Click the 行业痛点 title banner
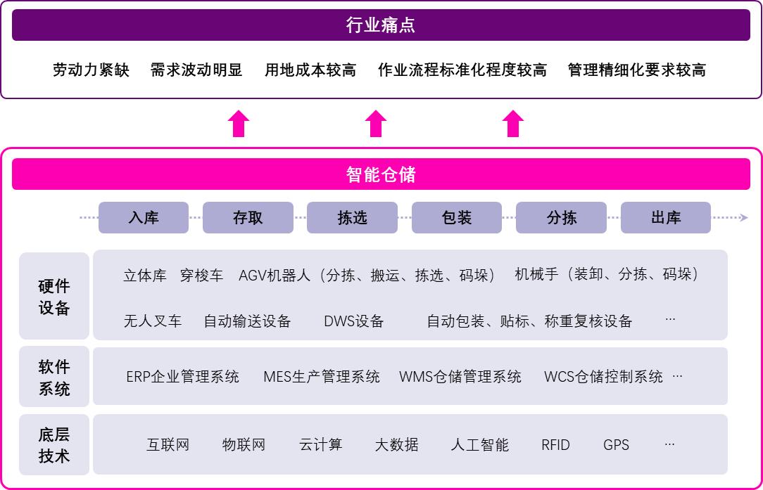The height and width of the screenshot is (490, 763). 381,25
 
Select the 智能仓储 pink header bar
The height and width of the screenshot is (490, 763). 381,174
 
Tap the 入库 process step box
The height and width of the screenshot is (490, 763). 144,218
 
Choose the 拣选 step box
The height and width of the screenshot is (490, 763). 353,218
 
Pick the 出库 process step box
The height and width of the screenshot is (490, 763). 666,218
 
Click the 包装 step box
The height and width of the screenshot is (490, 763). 457,218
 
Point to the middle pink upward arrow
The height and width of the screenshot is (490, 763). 376,124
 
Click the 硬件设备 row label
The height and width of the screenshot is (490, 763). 54,296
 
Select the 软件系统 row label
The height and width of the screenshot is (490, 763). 54,377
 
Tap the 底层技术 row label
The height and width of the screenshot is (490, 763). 54,445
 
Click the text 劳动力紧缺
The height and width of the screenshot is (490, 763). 91,70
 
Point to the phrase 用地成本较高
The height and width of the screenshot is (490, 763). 310,70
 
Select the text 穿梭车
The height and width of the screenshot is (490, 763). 201,276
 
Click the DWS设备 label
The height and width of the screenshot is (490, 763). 354,321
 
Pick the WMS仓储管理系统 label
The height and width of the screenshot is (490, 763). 460,377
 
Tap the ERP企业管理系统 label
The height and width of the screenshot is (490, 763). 183,377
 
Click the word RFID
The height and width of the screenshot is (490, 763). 555,445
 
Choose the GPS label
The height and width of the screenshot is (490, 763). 616,445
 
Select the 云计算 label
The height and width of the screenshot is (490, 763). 321,445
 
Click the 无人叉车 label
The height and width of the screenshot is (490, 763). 153,321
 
